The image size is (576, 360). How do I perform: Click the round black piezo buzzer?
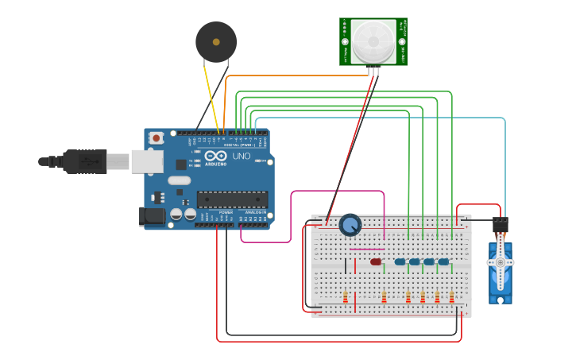[x=216, y=41]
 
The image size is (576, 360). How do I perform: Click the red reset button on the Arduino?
[x=157, y=137]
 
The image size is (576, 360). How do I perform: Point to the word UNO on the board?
[x=241, y=156]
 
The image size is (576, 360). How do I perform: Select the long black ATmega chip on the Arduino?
[x=232, y=199]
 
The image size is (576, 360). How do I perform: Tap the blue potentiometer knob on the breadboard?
[x=350, y=225]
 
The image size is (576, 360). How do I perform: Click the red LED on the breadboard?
[x=376, y=261]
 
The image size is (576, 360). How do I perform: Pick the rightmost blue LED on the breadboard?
[x=443, y=261]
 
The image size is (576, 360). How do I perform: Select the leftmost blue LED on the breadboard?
[x=400, y=261]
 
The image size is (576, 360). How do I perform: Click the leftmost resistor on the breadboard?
[x=346, y=297]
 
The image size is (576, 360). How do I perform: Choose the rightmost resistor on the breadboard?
[x=451, y=297]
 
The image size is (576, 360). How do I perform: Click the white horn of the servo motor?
[x=501, y=263]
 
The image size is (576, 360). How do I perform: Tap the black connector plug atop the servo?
[x=500, y=225]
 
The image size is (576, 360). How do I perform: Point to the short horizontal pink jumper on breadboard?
[x=366, y=249]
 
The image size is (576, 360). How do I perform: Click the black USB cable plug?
[x=83, y=161]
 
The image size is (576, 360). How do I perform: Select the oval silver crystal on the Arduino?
[x=179, y=180]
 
